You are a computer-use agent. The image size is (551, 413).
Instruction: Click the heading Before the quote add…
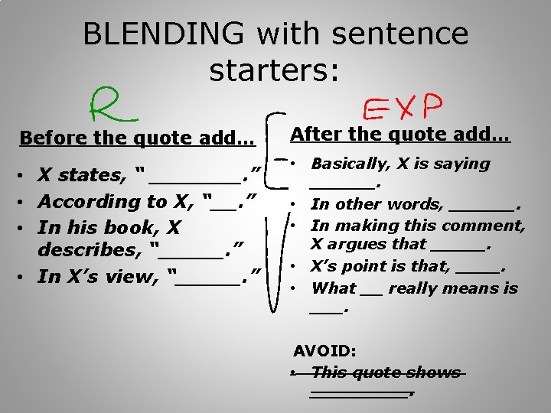tap(138, 138)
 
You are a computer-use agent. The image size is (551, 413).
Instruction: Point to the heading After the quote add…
tap(400, 134)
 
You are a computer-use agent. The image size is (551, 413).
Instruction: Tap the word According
tap(85, 202)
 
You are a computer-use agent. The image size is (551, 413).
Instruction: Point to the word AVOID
tap(325, 351)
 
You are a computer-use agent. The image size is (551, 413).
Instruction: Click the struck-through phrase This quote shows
tap(386, 372)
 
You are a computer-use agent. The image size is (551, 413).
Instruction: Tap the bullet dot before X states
tap(27, 176)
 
